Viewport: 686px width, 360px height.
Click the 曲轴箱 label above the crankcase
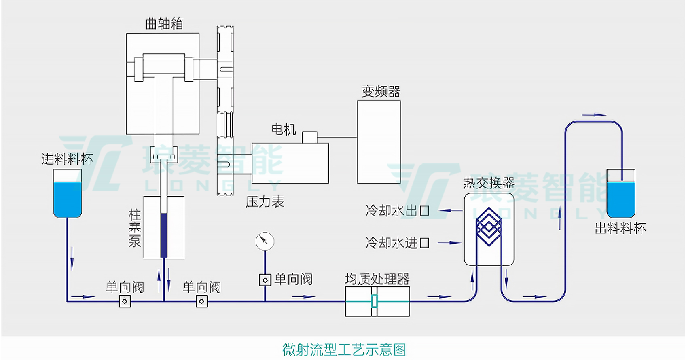[x=164, y=24]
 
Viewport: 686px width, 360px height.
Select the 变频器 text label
[x=381, y=92]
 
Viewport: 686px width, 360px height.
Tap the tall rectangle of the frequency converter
[x=379, y=142]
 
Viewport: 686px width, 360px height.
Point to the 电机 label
[x=284, y=129]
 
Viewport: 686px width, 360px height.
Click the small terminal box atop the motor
[x=309, y=138]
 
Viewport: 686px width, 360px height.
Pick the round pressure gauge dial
[x=265, y=241]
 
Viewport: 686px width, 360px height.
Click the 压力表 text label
[x=265, y=202]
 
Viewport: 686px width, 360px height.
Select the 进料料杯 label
[x=67, y=159]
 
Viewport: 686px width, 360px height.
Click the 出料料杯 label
[x=620, y=229]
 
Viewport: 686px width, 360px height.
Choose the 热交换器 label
[x=489, y=183]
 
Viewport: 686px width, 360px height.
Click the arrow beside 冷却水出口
[x=450, y=210]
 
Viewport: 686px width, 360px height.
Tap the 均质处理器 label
[x=377, y=279]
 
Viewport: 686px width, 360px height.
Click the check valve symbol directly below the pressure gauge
[x=265, y=280]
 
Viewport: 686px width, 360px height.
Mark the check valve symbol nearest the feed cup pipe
[x=125, y=301]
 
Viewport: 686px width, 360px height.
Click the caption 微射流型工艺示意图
[x=344, y=349]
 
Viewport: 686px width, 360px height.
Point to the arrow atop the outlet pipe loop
[x=594, y=115]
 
